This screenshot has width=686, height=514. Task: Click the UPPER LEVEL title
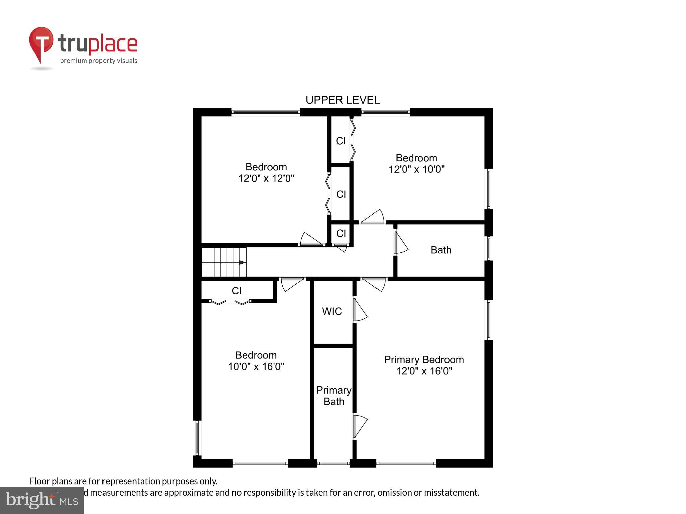[342, 100]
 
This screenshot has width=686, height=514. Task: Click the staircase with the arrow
[224, 262]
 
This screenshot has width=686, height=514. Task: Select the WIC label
[332, 312]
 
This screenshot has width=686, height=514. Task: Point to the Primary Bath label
[334, 396]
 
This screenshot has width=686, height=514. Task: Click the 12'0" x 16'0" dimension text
[424, 371]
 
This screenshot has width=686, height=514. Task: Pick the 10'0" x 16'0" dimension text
[256, 367]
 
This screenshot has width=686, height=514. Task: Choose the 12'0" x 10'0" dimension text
[416, 169]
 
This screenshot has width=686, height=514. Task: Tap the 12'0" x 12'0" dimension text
[266, 178]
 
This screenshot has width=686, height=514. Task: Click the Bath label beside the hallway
[441, 250]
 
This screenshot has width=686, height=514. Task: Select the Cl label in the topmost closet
[341, 141]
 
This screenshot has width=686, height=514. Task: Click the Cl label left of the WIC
[236, 291]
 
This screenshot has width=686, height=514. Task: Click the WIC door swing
[360, 311]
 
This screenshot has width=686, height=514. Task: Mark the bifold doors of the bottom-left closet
[230, 302]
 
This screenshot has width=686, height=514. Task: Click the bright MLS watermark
[42, 500]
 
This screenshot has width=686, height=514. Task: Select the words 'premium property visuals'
[98, 61]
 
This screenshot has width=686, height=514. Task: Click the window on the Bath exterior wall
[489, 248]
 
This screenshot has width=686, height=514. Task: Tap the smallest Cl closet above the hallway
[341, 233]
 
